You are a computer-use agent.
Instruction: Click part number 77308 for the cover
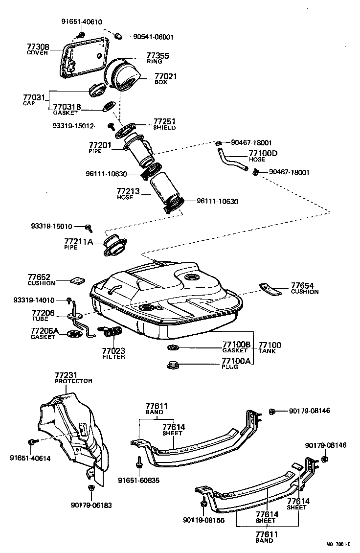38,47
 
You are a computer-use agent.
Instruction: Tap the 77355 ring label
157,56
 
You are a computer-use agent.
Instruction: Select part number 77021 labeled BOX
166,76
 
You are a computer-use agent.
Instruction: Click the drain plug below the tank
173,364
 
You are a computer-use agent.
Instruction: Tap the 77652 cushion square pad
77,280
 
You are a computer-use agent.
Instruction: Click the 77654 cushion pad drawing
271,288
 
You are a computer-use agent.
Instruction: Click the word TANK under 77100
268,351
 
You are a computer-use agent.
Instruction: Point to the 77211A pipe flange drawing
113,246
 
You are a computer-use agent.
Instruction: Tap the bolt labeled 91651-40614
33,442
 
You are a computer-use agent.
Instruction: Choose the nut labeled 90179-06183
91,488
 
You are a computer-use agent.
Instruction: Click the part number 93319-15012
73,126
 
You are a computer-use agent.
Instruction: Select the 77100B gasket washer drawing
173,347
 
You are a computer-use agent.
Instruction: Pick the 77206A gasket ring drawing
75,334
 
